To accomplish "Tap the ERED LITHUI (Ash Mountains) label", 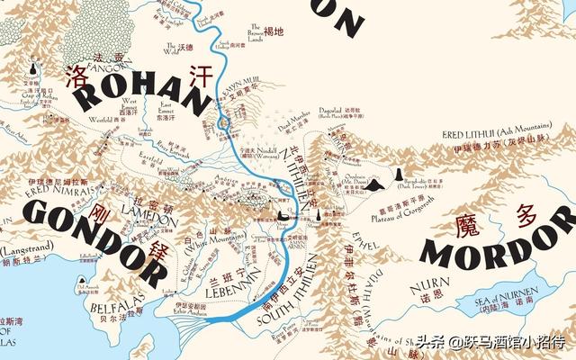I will click(x=503, y=135).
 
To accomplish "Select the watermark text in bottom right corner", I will click(x=490, y=343).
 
